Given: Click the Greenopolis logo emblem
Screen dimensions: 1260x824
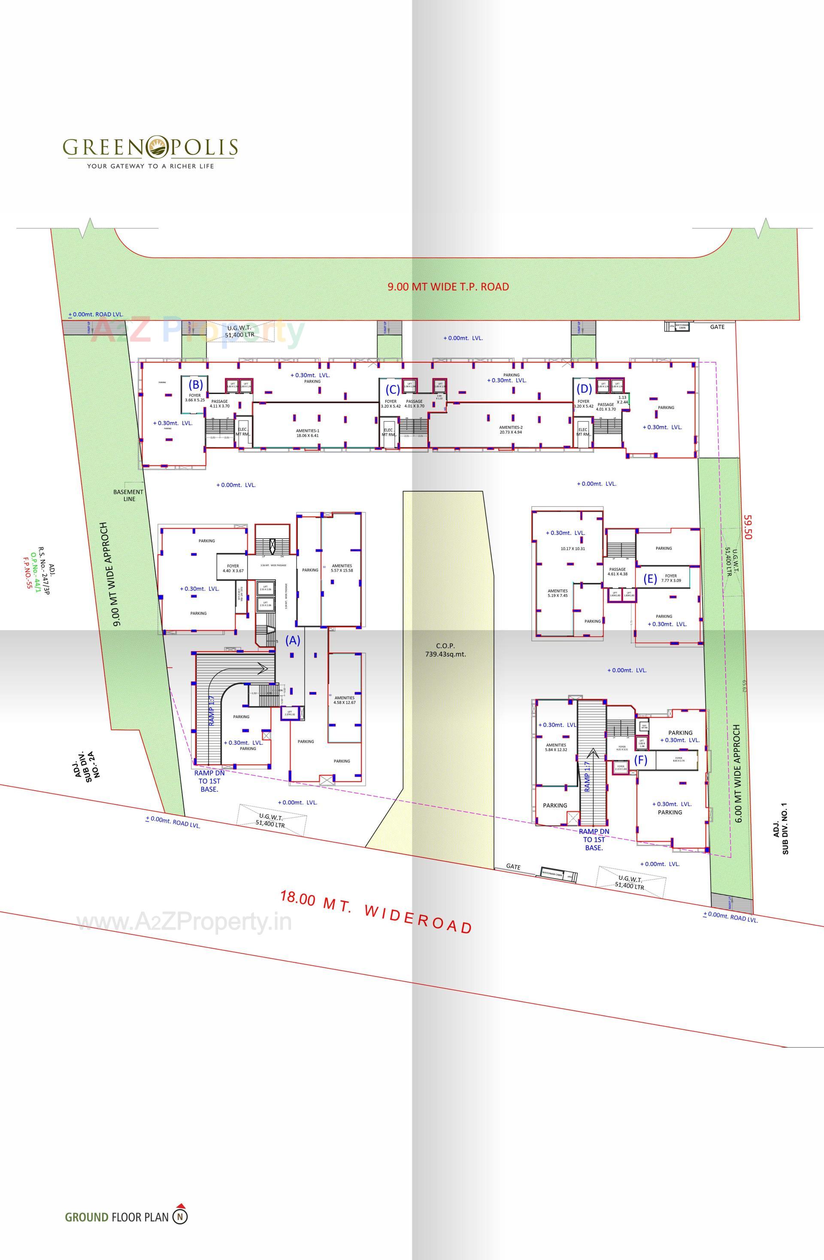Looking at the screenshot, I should click(157, 147).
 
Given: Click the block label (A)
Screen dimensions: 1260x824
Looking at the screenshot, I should click(293, 640).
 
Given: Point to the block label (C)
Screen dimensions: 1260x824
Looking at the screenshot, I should click(392, 390).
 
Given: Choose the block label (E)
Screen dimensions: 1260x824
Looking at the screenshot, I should click(650, 579).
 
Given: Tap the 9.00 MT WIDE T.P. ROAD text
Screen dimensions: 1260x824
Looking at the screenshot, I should click(448, 287).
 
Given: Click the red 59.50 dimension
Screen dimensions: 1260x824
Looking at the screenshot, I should click(748, 527).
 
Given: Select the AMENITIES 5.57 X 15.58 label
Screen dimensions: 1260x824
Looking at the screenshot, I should click(342, 568).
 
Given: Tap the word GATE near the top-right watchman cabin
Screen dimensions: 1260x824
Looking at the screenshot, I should click(717, 326).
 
